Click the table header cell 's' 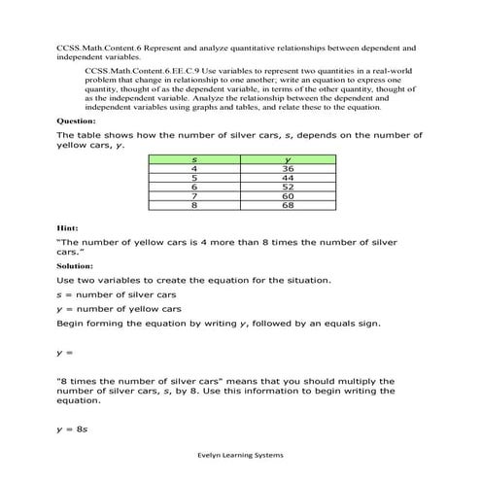click(195, 159)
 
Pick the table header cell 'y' click(288, 159)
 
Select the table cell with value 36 click(288, 169)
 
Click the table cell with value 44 click(288, 178)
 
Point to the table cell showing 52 click(288, 188)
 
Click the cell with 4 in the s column click(195, 169)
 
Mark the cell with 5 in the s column click(195, 178)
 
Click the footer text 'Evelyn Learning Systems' click(240, 454)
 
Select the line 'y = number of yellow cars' click(120, 308)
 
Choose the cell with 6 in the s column click(195, 188)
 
